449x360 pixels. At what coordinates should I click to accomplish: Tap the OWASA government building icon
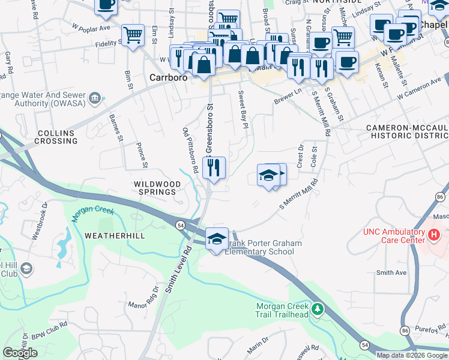[x=94, y=98]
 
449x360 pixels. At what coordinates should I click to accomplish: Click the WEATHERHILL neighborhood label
[x=115, y=236]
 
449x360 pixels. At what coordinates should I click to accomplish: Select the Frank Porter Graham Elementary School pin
[x=217, y=239]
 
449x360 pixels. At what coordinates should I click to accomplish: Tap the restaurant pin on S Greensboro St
[x=214, y=168]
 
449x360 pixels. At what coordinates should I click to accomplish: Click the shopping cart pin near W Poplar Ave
[x=133, y=34]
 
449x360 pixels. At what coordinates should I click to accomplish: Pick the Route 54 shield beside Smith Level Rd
[x=180, y=224]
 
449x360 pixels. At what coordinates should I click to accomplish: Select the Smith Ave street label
[x=391, y=272]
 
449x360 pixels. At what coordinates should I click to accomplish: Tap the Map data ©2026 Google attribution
[x=412, y=355]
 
